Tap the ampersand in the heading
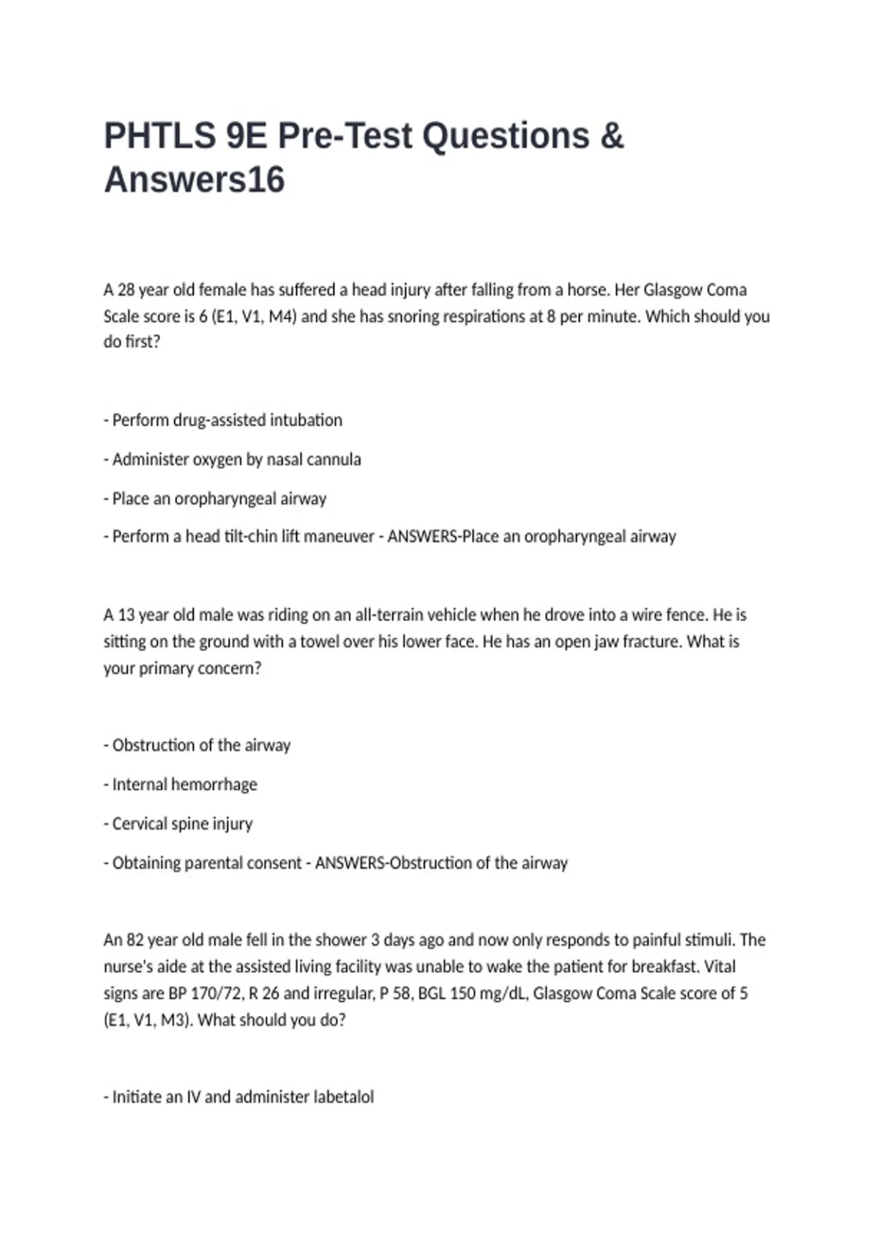(x=612, y=136)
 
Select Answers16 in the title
(x=194, y=180)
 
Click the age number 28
(x=126, y=290)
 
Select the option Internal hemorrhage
(x=184, y=784)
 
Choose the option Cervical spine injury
(x=182, y=824)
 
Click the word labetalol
(x=343, y=1097)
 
